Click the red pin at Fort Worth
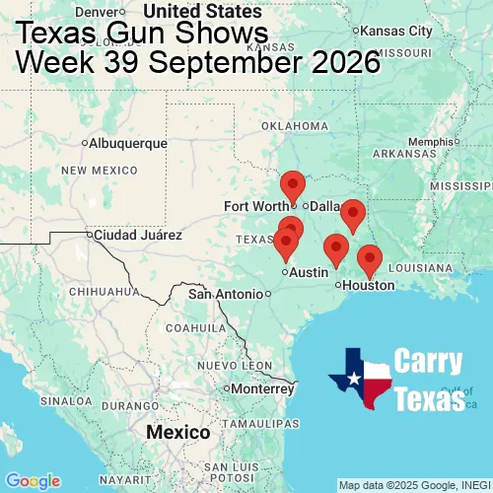(x=293, y=184)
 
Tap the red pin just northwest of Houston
(x=336, y=249)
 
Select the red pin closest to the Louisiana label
(x=370, y=259)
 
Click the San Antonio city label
(x=227, y=294)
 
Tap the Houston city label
(x=369, y=285)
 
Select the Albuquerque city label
(x=127, y=143)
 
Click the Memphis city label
(x=429, y=141)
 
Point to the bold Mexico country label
(x=177, y=433)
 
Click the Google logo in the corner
(x=33, y=481)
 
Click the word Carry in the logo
(x=429, y=362)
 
